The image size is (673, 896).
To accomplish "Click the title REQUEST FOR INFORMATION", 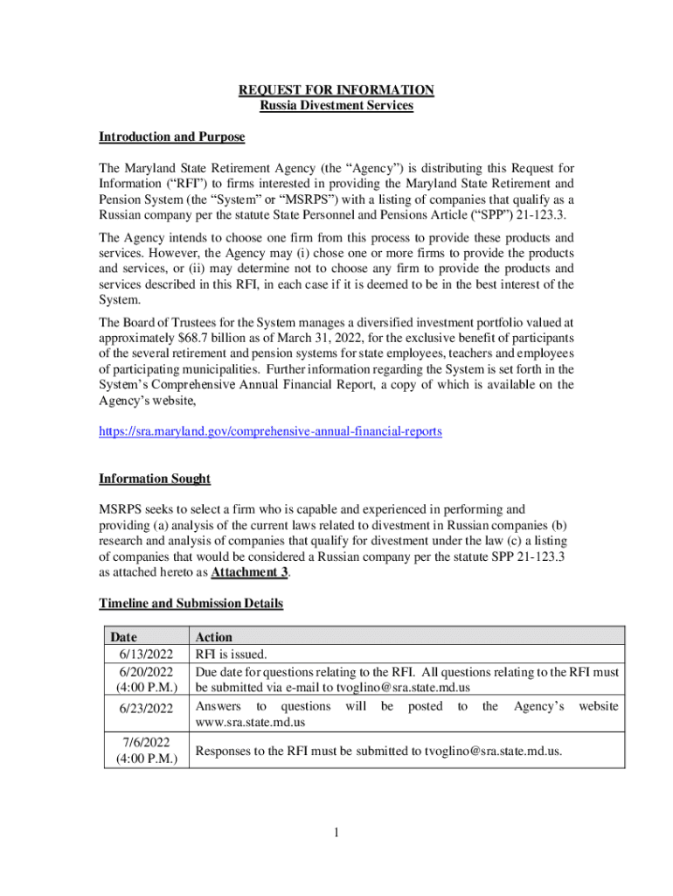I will (336, 90).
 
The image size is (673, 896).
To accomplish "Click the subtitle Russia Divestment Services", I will (336, 106).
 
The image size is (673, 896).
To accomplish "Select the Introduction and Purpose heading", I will (171, 137).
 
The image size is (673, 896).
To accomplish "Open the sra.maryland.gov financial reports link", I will (270, 431).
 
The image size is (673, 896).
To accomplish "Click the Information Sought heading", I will (154, 479).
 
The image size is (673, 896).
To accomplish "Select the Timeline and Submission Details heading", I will (191, 604).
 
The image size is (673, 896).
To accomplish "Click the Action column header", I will (213, 637).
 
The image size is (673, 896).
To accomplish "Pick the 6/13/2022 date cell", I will (143, 653).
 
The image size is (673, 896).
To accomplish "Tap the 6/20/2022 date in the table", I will (143, 672).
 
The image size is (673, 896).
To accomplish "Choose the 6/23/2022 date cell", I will (143, 708).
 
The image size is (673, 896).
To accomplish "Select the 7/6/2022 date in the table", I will (145, 742).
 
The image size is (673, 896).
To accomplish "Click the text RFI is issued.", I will (232, 653).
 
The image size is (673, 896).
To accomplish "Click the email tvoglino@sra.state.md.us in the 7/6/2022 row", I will (492, 750).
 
